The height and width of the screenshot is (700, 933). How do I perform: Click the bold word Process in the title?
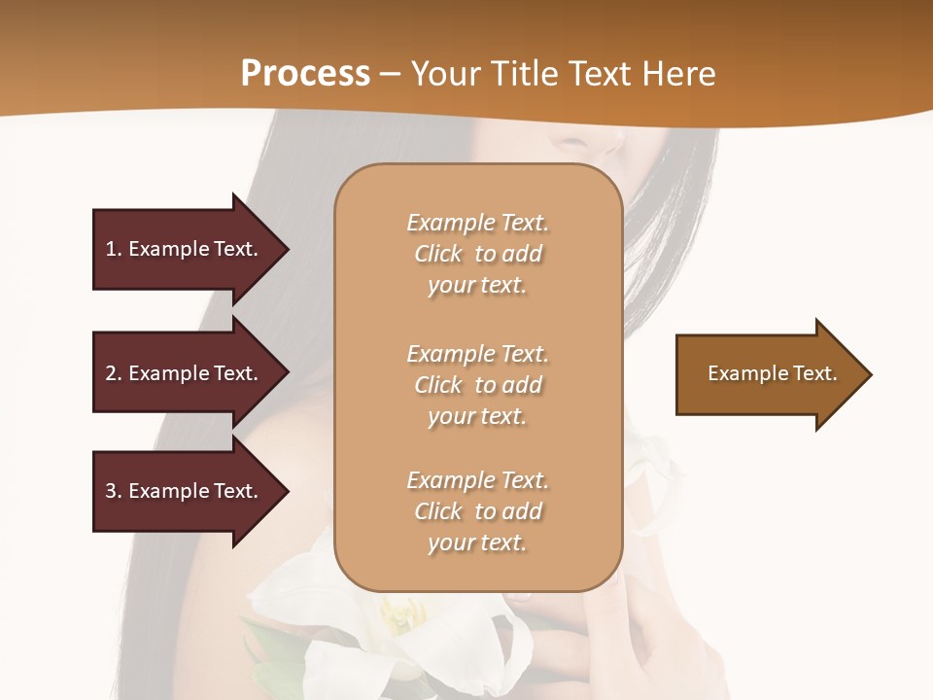coord(305,74)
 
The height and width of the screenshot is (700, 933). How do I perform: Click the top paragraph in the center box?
coord(477,254)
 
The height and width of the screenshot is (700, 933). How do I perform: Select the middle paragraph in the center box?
coord(477,385)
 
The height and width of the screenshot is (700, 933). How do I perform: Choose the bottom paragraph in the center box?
coord(477,511)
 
